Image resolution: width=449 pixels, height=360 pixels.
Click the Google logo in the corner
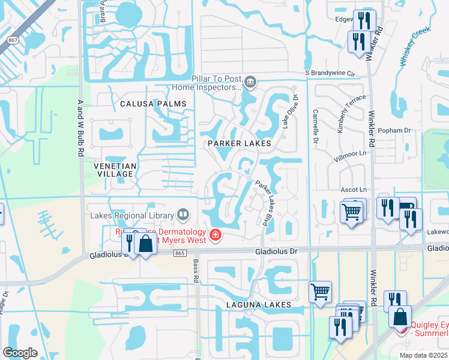20,353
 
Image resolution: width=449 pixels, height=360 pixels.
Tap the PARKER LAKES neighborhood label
240,144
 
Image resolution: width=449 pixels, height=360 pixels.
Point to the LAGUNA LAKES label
259,305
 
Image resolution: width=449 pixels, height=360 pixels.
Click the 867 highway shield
11,39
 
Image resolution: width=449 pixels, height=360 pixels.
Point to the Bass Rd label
196,270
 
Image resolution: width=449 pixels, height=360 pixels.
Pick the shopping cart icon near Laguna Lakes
320,292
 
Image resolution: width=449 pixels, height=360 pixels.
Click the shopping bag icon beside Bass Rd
145,244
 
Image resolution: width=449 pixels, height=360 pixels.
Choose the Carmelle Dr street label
315,128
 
